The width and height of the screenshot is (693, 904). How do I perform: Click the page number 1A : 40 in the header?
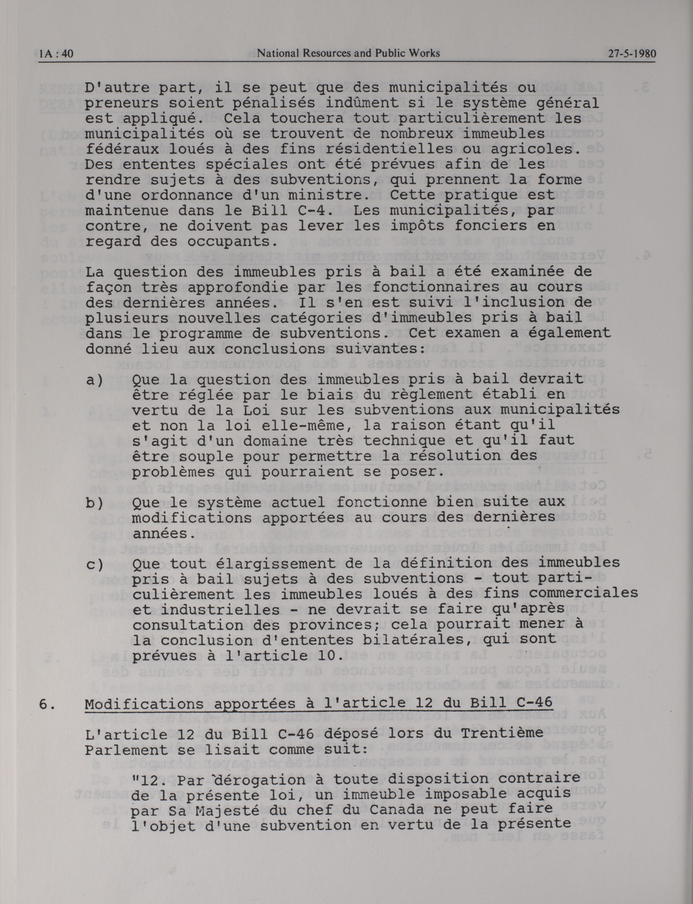point(56,54)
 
